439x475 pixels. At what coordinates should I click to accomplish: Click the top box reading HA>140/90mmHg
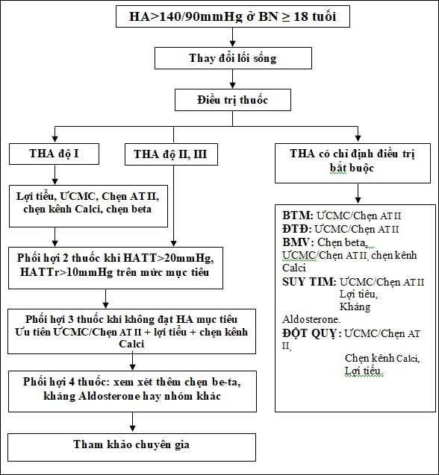(233, 16)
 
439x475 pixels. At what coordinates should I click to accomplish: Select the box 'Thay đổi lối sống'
(233, 58)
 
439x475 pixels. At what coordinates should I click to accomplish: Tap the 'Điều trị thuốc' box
(233, 100)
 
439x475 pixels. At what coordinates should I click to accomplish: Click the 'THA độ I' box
(54, 154)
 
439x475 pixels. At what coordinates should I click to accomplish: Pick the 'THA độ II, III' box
(171, 154)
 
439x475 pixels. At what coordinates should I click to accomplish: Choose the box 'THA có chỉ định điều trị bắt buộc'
(352, 163)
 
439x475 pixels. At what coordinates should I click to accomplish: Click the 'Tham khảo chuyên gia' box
(131, 447)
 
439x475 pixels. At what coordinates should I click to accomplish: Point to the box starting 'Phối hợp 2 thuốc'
(116, 268)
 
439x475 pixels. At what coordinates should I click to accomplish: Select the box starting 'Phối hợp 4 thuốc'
(132, 391)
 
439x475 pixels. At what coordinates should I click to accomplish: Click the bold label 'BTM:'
(298, 216)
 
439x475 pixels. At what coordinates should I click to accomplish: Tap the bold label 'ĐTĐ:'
(297, 229)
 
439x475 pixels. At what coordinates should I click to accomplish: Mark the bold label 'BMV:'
(298, 242)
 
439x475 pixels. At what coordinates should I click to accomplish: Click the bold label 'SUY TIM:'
(309, 282)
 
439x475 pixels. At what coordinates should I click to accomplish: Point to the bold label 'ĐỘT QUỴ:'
(312, 333)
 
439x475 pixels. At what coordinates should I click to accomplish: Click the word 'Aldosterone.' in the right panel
(311, 319)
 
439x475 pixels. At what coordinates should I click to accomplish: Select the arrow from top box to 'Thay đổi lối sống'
(233, 37)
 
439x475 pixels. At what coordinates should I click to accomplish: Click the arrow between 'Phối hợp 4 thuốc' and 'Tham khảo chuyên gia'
(132, 422)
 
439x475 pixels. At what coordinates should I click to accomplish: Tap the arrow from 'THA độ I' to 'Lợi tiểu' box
(55, 174)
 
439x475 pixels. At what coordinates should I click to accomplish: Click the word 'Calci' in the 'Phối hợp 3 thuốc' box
(131, 345)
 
